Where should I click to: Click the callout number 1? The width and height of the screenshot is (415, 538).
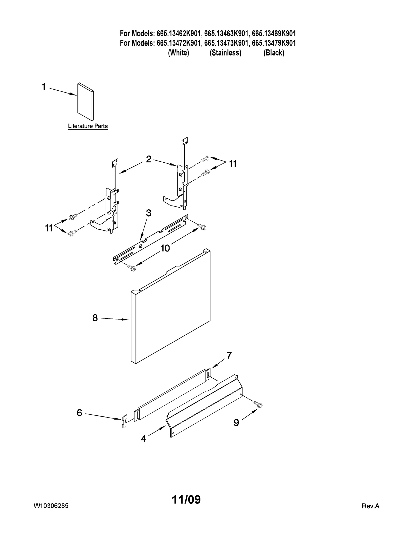[44, 87]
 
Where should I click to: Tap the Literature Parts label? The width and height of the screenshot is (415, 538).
[88, 126]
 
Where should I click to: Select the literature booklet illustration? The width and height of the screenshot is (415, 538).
[86, 102]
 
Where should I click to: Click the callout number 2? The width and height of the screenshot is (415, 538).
[149, 159]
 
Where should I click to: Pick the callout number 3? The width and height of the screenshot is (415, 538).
[148, 213]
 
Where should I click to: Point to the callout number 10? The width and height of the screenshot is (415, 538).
[165, 248]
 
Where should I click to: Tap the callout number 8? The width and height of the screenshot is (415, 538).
[95, 318]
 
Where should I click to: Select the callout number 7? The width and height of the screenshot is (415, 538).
[229, 355]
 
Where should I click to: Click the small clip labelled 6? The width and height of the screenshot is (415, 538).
[125, 421]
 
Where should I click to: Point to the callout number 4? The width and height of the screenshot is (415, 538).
[143, 439]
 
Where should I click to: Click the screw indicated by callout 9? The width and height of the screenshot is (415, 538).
[259, 404]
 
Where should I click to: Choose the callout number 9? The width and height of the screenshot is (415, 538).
[236, 423]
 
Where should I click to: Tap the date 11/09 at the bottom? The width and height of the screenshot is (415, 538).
[186, 500]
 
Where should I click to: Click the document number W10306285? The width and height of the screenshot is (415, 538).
[51, 506]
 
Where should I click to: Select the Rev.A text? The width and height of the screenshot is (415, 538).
[370, 506]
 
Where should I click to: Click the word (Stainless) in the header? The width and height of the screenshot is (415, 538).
[225, 53]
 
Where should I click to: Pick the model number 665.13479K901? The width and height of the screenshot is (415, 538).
[274, 43]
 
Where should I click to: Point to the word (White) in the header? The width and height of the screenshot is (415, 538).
[178, 53]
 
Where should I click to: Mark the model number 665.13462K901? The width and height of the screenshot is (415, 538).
[179, 34]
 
